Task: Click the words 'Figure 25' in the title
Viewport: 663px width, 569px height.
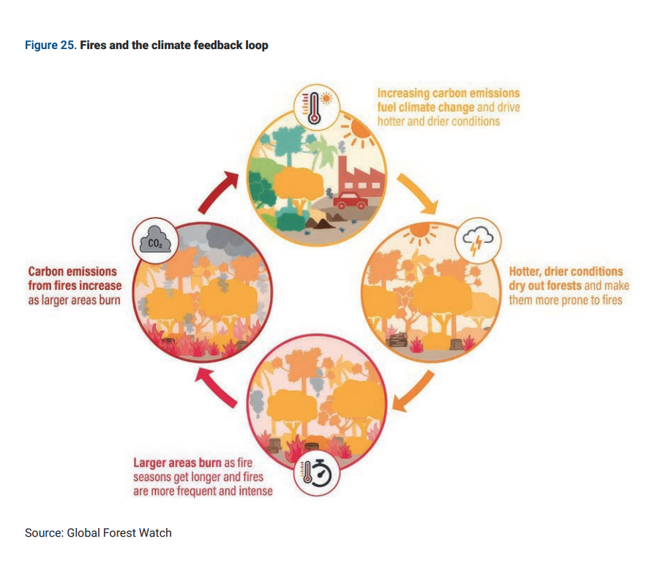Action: pos(49,45)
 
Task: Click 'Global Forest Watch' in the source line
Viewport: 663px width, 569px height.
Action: pos(119,532)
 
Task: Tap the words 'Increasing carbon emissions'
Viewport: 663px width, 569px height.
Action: pos(448,93)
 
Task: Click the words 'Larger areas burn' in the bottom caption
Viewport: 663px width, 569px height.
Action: pos(177,463)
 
